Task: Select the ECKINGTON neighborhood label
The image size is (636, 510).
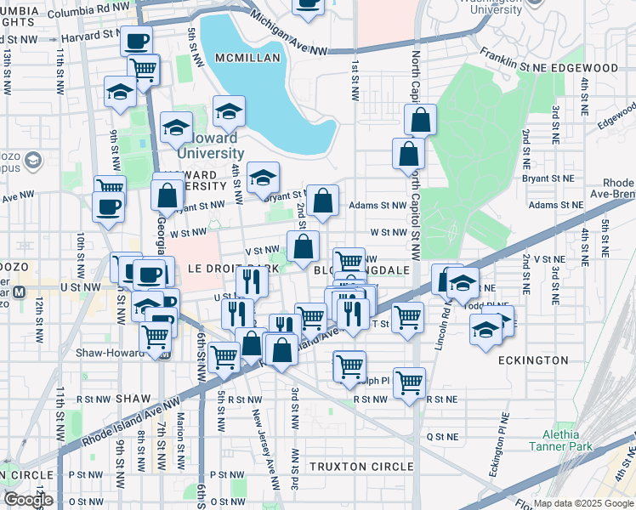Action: [x=532, y=360]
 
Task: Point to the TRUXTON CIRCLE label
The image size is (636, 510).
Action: [x=361, y=467]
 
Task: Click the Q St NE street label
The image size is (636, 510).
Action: [x=442, y=436]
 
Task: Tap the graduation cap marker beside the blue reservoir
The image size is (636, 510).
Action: [x=229, y=112]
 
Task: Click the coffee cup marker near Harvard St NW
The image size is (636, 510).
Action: [x=136, y=40]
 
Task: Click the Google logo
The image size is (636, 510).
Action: [x=28, y=499]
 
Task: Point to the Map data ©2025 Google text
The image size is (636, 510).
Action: [x=583, y=503]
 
